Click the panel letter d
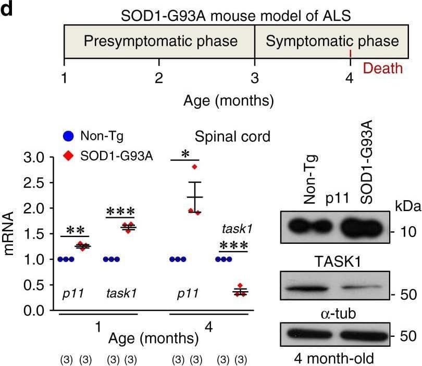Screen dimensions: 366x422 (x=6, y=9)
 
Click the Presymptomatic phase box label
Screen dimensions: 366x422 (x=160, y=41)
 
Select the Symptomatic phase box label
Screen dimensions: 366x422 (x=332, y=41)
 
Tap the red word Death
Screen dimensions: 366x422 (x=383, y=68)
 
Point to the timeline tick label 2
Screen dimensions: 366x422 (x=159, y=79)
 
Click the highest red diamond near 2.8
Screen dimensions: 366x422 (x=195, y=167)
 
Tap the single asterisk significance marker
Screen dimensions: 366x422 (x=185, y=154)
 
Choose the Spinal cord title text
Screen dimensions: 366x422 (x=232, y=137)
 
